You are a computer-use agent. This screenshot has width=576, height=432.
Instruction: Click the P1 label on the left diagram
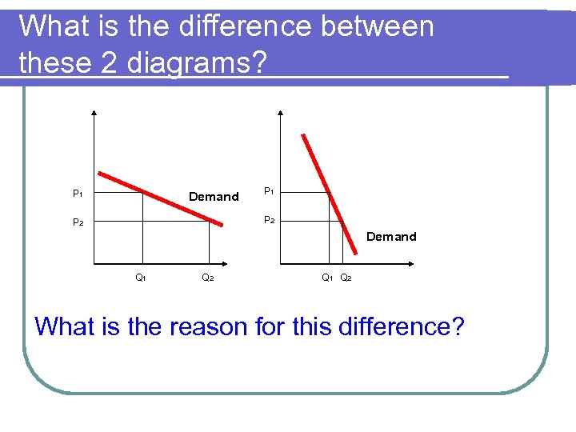(x=78, y=194)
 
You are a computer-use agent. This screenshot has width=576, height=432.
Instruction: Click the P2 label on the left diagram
(x=78, y=222)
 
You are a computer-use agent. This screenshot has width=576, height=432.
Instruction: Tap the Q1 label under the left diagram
(x=140, y=278)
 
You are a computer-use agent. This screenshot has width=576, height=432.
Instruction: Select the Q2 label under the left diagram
(x=206, y=278)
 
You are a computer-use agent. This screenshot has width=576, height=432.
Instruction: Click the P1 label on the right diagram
(x=269, y=191)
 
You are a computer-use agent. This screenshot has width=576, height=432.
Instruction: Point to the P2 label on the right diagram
(x=269, y=220)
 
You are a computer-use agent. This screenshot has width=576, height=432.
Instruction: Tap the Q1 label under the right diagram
(x=327, y=278)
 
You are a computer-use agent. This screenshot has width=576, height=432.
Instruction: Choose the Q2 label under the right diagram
(x=346, y=278)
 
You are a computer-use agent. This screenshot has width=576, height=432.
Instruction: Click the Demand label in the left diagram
(x=214, y=197)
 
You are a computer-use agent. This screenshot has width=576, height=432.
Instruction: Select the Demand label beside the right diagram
(x=391, y=237)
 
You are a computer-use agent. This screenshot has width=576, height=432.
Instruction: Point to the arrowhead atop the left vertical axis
(x=94, y=113)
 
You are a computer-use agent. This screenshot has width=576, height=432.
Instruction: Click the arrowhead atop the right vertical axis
(x=280, y=113)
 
